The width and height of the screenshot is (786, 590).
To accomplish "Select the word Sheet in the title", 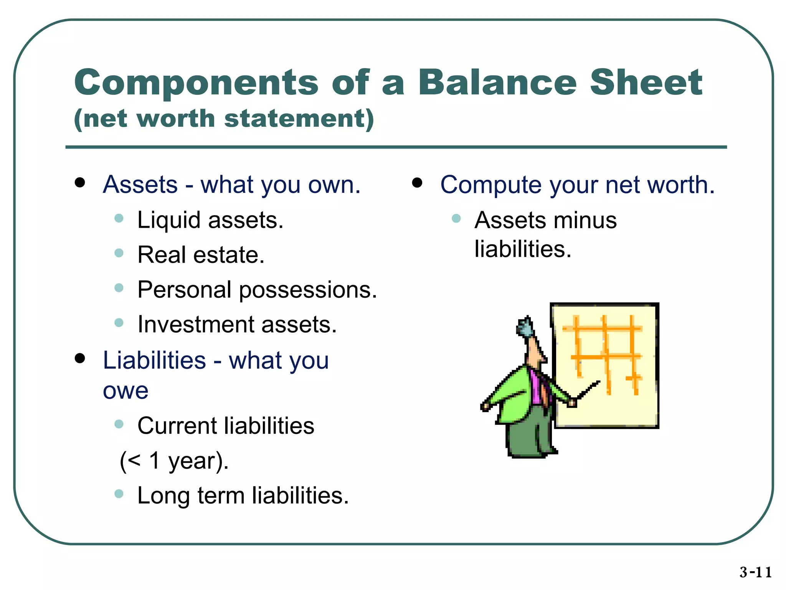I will click(646, 83).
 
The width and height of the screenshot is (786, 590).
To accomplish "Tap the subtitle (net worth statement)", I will click(224, 119).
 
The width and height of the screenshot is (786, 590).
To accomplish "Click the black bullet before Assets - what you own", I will click(80, 182).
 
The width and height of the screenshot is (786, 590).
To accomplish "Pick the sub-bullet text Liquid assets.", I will click(210, 220).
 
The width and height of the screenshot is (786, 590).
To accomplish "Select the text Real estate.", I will click(201, 255).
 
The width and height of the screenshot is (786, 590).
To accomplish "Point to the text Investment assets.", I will click(237, 325).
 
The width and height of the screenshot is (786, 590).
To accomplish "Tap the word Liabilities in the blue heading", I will click(154, 361).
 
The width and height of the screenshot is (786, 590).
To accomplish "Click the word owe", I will click(125, 391).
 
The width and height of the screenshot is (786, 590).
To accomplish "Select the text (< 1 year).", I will click(174, 461).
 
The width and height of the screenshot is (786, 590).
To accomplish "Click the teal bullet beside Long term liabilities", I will click(119, 494).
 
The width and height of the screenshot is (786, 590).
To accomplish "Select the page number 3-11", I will click(755, 572).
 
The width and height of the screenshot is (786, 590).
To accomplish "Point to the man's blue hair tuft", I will click(524, 326).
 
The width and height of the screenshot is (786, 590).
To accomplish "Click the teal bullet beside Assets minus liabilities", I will click(456, 219).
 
